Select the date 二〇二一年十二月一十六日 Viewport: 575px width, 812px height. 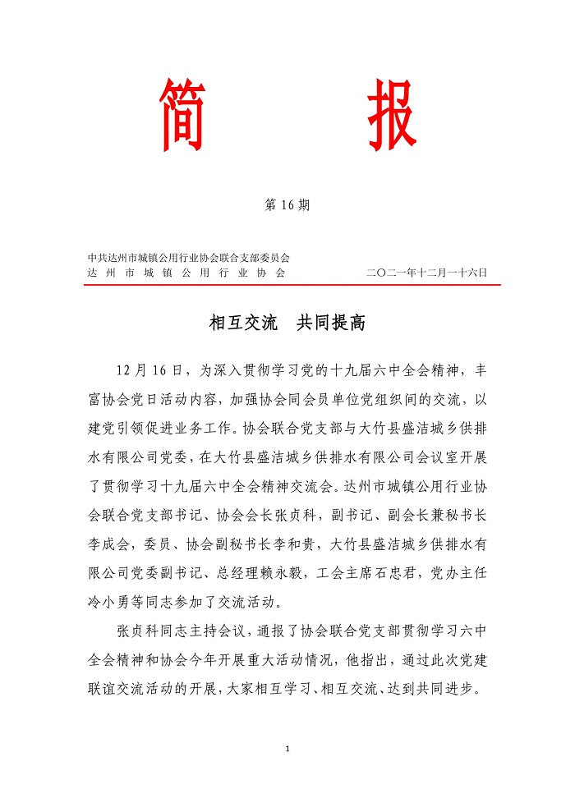point(427,272)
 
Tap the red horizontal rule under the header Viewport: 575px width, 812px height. point(292,285)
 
